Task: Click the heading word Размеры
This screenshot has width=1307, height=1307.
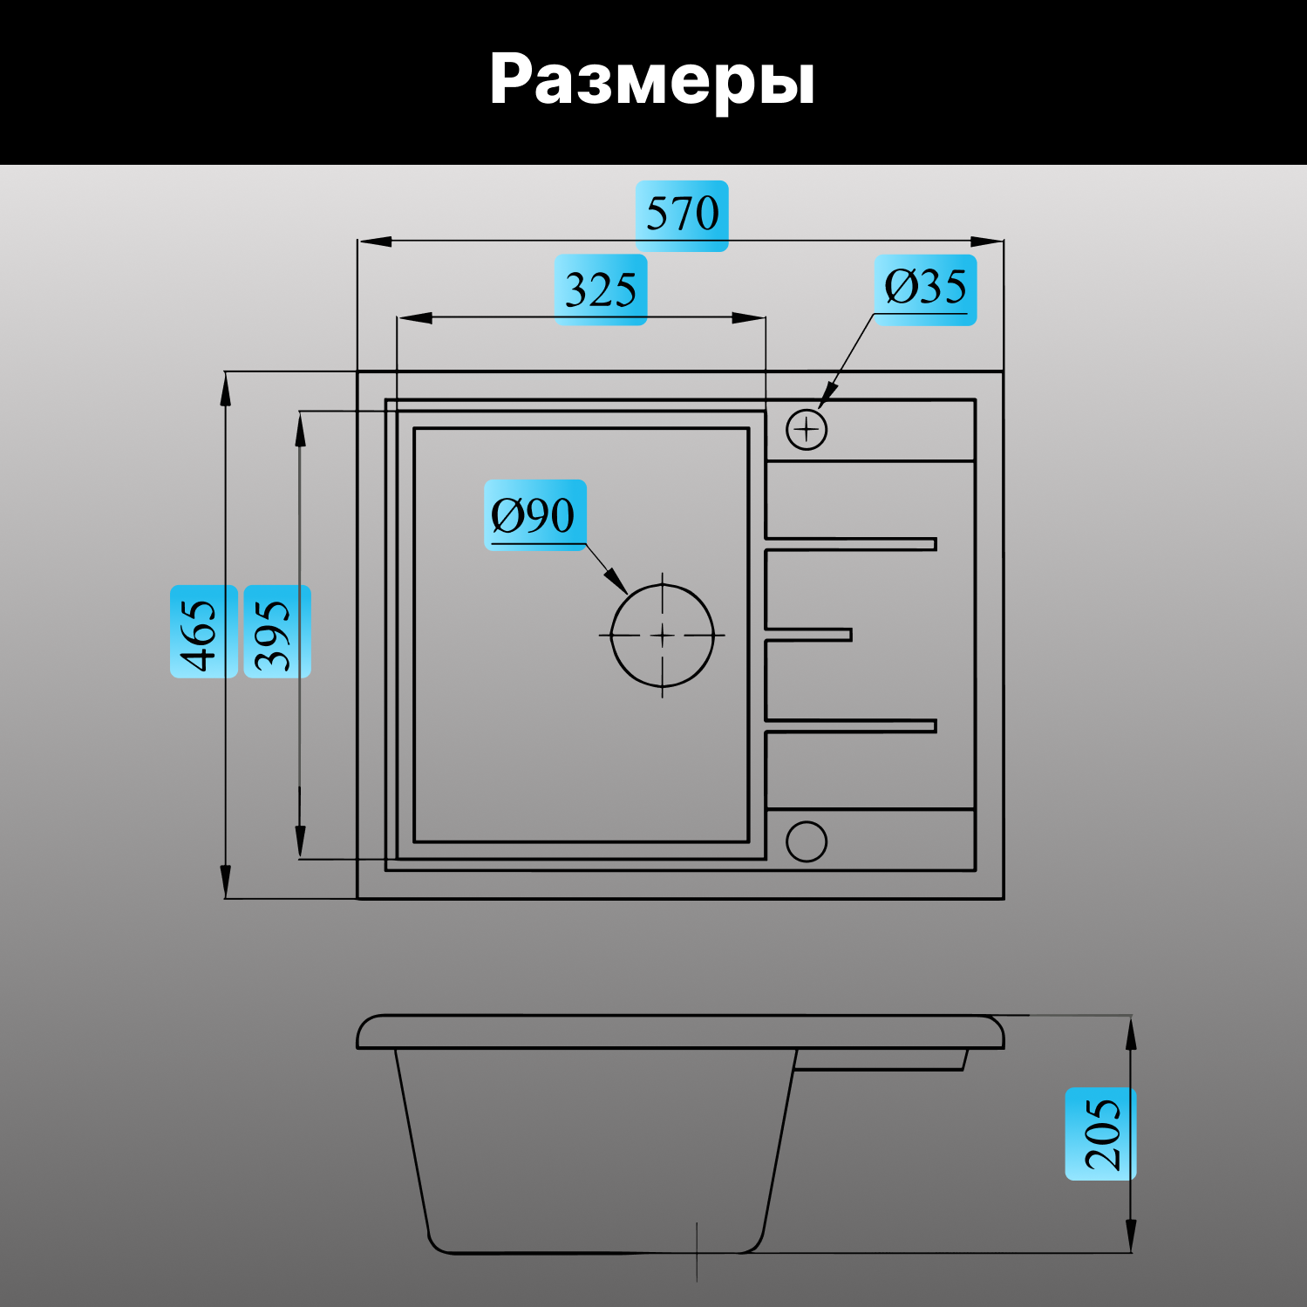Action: [x=652, y=80]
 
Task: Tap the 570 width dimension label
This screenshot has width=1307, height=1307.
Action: [x=682, y=214]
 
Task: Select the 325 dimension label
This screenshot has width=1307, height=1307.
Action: [x=601, y=289]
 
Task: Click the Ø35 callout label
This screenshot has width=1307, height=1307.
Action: [x=925, y=289]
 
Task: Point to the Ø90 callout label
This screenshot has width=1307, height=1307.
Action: [x=534, y=515]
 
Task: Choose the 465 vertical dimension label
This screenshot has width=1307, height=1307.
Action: [x=203, y=632]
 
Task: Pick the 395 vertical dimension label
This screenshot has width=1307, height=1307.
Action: [x=276, y=632]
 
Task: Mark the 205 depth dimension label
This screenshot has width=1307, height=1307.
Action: [x=1100, y=1133]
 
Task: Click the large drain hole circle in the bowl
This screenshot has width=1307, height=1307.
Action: [x=663, y=636]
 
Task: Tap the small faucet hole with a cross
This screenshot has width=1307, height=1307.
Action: [x=807, y=429]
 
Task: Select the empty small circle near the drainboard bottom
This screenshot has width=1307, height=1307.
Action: [x=807, y=841]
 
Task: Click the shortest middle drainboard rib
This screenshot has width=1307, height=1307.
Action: [x=808, y=635]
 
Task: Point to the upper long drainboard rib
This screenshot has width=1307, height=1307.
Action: [x=850, y=544]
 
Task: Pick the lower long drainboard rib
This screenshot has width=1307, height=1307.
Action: [x=850, y=726]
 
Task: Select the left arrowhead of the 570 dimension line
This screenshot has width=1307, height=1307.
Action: [x=374, y=242]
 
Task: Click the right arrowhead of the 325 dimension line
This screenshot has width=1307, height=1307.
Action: [x=750, y=318]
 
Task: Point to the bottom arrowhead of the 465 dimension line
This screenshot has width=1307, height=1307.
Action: [x=226, y=882]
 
